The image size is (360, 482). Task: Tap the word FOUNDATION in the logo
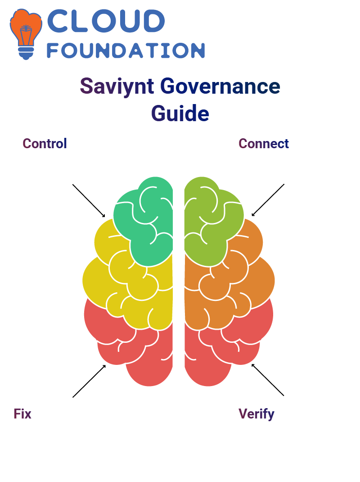126,50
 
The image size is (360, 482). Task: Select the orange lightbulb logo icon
26,34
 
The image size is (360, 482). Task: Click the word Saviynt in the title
117,86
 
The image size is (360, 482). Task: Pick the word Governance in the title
220,86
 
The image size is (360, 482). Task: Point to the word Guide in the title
180,114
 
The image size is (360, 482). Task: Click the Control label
45,144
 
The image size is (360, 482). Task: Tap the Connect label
264,144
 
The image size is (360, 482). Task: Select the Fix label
22,414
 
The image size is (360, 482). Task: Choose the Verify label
256,414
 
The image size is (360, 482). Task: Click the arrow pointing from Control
89,201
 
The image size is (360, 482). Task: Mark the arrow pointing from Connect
268,200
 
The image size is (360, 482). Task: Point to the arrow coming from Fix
89,381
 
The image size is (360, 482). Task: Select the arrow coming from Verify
268,380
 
